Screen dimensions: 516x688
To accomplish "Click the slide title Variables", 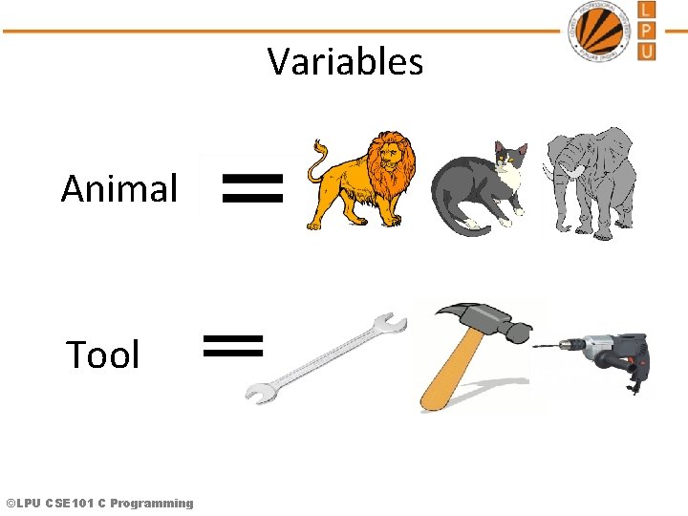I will (345, 62).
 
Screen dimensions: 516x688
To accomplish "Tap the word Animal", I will (119, 189).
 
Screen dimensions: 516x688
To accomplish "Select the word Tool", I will (103, 355).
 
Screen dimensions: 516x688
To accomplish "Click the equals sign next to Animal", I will (252, 188).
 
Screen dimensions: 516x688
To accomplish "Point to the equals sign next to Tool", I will (234, 345).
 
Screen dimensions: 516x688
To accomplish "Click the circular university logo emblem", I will (602, 31).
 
